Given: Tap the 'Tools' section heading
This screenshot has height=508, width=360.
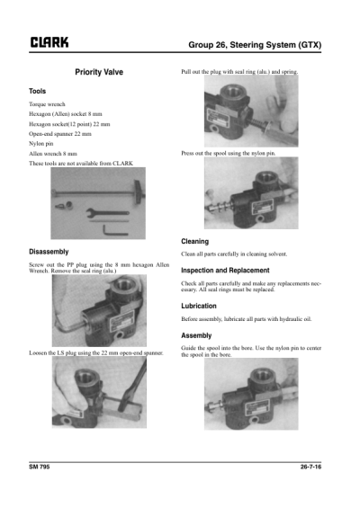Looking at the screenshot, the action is (38, 92).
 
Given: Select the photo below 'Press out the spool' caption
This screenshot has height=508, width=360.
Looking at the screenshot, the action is (245, 195).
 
